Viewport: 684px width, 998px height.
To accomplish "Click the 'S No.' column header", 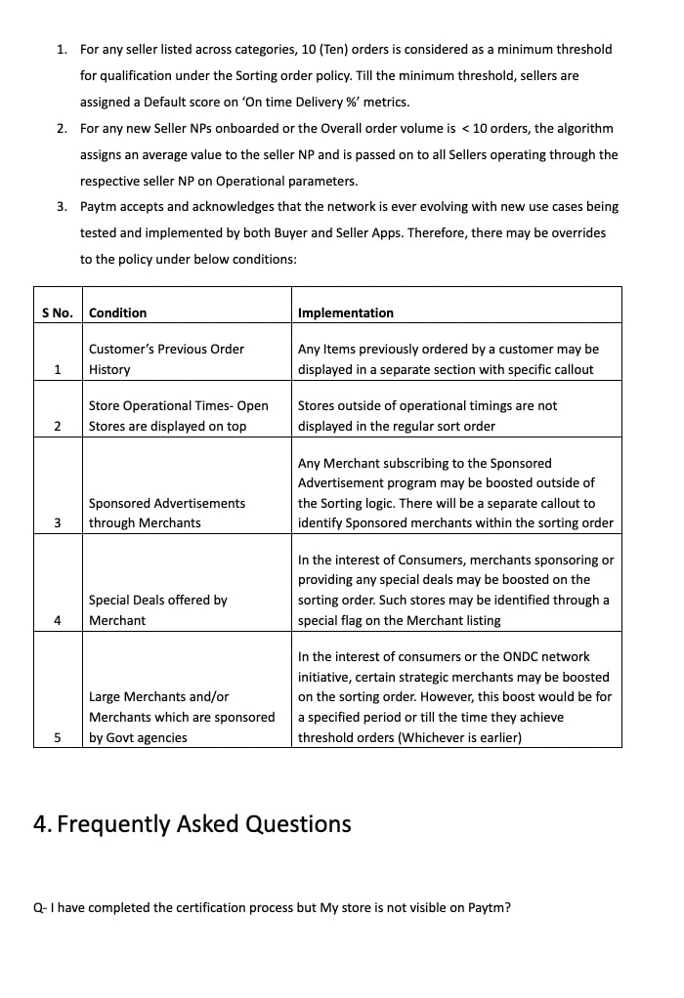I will click(x=58, y=313).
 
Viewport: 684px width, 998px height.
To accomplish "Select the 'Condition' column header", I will click(x=117, y=313).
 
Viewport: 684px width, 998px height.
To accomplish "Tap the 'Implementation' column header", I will click(x=345, y=313).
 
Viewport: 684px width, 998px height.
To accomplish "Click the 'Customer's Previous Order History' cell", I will click(x=166, y=359).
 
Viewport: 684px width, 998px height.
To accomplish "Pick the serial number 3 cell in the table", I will click(x=58, y=523).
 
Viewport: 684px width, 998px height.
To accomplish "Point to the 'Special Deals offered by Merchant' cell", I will click(x=157, y=610).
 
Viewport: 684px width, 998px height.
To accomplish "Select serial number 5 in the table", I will click(x=58, y=738).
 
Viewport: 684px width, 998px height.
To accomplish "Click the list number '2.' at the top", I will click(x=62, y=129).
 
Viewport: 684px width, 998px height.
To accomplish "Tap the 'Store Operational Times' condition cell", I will click(x=178, y=416).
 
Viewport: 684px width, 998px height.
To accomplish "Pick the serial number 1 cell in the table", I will click(x=58, y=370).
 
